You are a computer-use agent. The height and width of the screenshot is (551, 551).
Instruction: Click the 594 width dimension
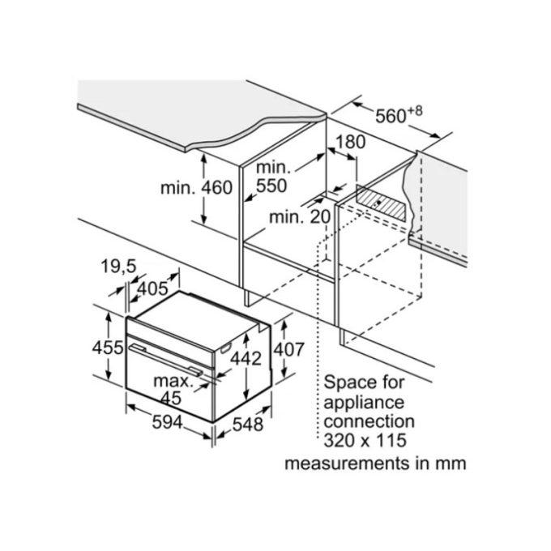click(x=167, y=422)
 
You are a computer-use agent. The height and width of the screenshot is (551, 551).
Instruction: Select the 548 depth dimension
click(x=248, y=424)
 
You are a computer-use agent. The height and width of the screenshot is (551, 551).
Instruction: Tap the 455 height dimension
click(x=108, y=348)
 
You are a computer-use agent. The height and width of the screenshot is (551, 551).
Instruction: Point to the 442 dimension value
click(x=246, y=358)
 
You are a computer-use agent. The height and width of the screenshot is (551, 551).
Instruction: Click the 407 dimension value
click(x=288, y=350)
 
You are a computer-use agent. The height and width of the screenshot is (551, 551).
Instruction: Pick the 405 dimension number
click(x=152, y=288)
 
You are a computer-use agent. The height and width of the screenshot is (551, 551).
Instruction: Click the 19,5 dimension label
click(x=118, y=266)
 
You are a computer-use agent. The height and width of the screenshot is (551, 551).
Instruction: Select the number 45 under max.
click(x=171, y=398)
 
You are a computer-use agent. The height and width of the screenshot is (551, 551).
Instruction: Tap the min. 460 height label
click(x=196, y=188)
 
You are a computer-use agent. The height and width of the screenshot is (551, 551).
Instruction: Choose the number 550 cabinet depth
click(x=271, y=186)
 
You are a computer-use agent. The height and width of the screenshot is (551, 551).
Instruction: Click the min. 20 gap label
click(x=300, y=217)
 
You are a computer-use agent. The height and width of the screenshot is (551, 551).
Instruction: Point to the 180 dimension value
click(x=350, y=142)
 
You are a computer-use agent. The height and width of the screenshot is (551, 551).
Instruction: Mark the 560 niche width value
click(x=391, y=116)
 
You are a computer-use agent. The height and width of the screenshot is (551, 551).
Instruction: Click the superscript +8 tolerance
click(x=415, y=111)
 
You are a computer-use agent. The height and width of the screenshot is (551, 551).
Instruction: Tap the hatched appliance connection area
click(x=382, y=203)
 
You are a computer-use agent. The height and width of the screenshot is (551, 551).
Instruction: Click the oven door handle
click(x=165, y=359)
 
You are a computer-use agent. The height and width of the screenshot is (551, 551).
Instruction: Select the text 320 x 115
click(x=365, y=440)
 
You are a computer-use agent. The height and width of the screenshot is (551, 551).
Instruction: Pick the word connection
click(x=369, y=421)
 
